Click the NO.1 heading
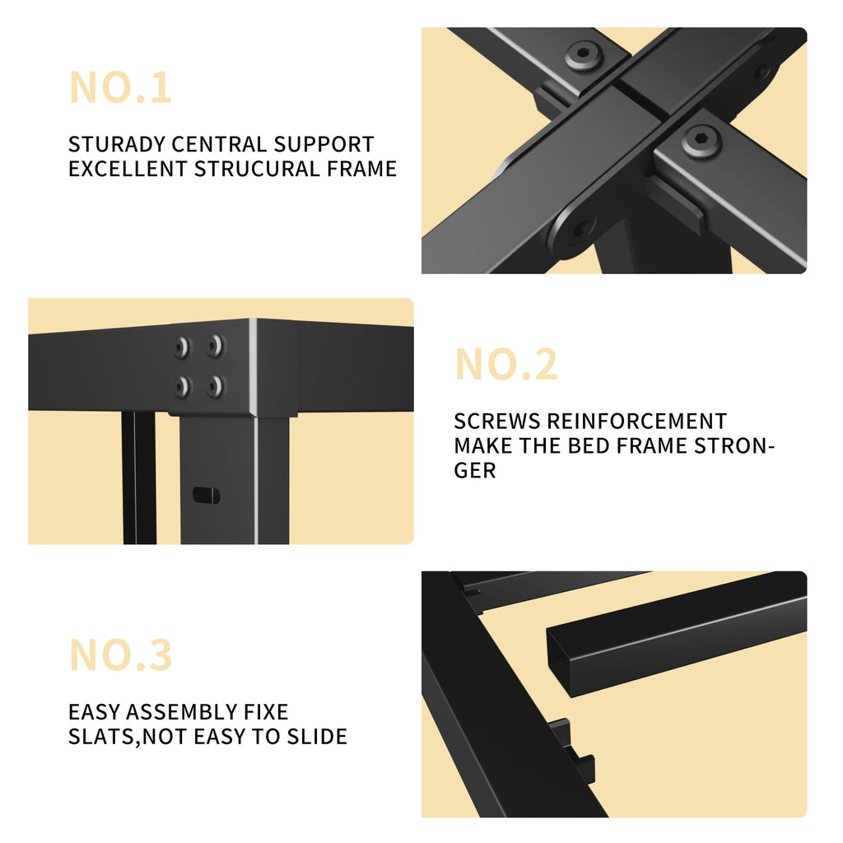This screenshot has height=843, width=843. coord(120,87)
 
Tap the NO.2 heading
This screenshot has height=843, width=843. coord(506,365)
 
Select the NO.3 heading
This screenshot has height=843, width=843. coord(121,654)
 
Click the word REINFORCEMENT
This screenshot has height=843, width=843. coord(637,421)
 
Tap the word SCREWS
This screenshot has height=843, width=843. coord(496,421)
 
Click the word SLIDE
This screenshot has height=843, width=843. coord(317,736)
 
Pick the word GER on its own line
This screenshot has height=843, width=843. coord(475,470)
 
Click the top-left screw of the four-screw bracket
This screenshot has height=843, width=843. coord(183,347)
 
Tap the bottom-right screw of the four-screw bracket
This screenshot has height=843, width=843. coord(216,386)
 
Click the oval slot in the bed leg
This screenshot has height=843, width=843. coord(206,495)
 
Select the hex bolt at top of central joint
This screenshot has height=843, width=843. coord(584,54)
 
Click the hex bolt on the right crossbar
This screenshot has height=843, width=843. coord(701,140)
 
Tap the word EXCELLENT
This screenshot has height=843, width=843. coord(128,169)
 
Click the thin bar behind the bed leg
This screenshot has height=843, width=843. coord(138,477)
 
